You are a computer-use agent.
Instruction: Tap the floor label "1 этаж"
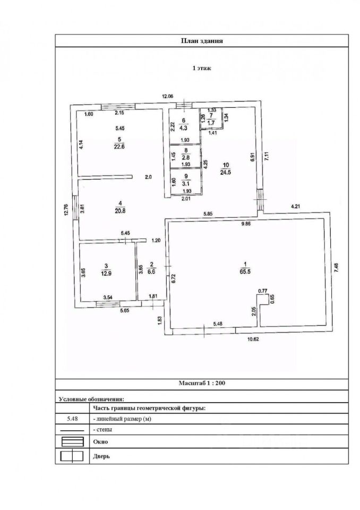(x=201, y=68)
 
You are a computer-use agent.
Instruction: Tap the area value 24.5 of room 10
(x=227, y=172)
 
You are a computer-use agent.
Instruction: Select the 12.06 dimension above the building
(x=167, y=96)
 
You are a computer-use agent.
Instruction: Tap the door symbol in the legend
(x=70, y=455)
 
